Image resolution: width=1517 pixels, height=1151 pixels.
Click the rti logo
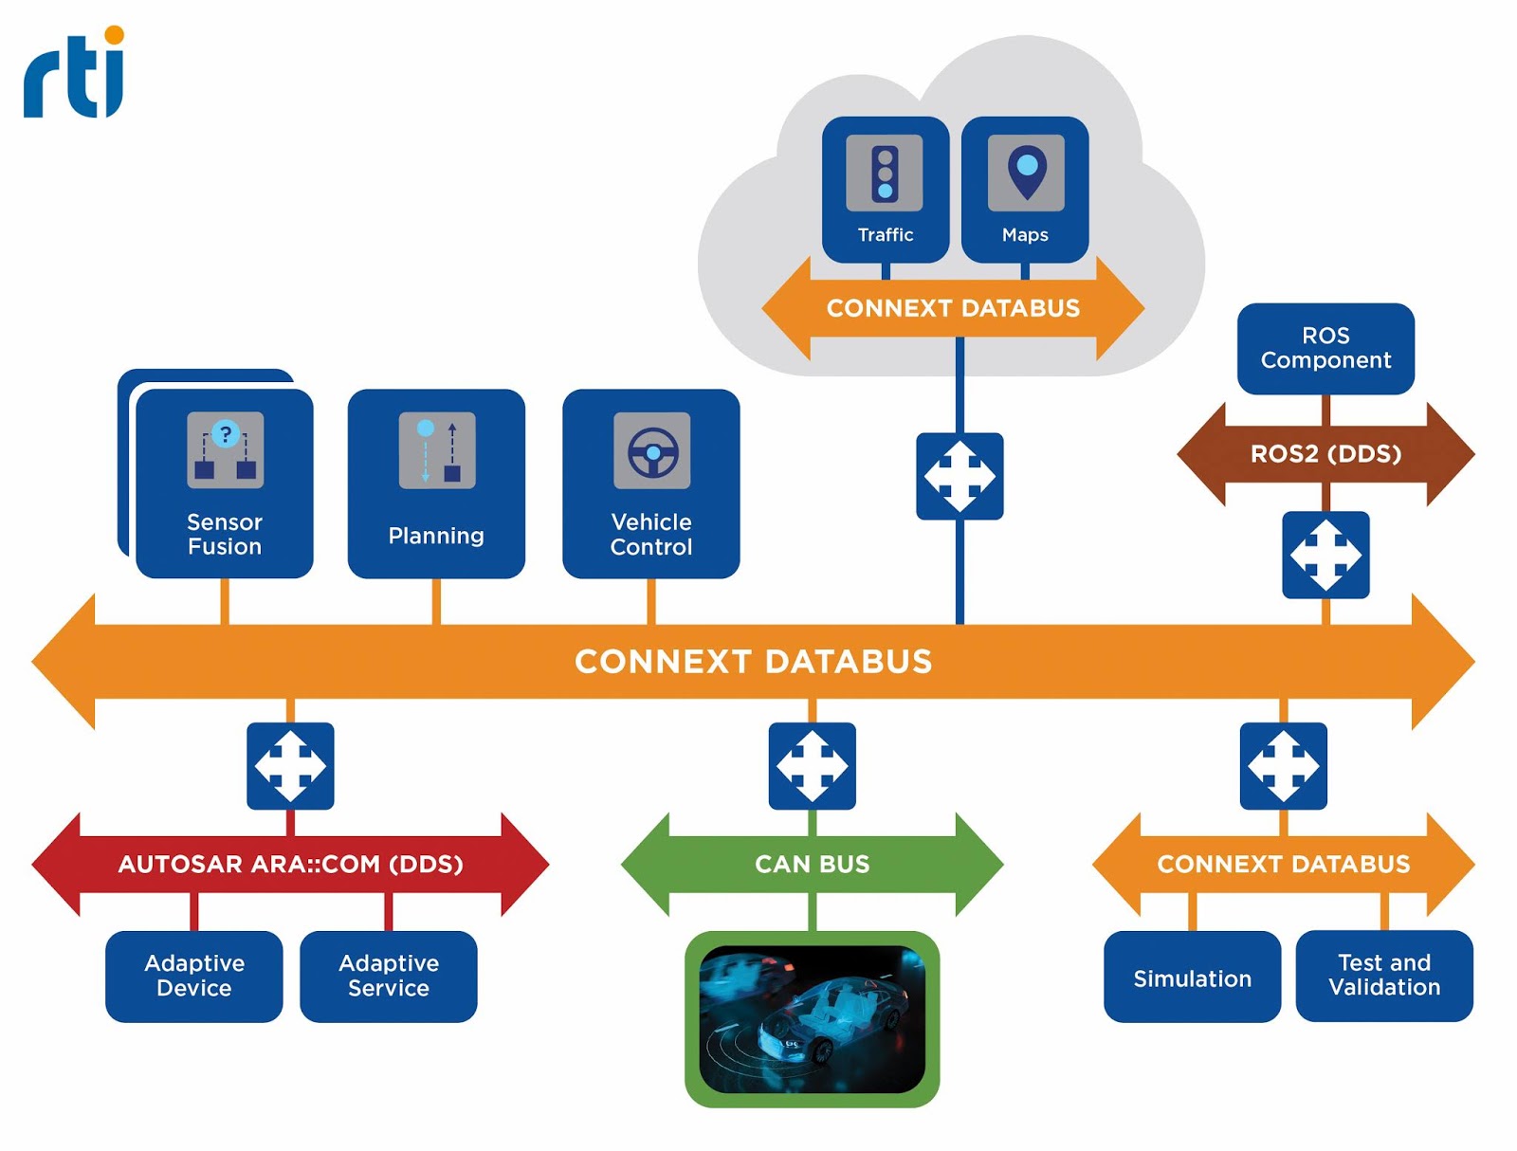74,73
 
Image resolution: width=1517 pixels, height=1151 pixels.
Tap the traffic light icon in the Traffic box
885,174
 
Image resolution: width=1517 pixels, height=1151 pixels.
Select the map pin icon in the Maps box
1026,172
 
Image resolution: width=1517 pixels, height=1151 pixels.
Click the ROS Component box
1325,348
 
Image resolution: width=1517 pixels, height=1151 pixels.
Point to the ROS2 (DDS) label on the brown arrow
1325,454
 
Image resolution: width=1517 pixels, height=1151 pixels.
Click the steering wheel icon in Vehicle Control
652,451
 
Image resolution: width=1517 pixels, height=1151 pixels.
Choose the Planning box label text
436,536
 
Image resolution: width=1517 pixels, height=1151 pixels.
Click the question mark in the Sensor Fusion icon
226,434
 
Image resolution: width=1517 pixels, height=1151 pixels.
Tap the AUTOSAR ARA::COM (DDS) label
290,864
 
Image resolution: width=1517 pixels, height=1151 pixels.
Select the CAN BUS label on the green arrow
812,864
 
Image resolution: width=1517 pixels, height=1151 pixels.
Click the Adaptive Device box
194,976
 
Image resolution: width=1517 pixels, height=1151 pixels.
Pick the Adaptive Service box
389,976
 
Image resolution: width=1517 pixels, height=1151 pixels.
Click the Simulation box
1192,977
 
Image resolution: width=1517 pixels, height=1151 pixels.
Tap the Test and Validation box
1383,976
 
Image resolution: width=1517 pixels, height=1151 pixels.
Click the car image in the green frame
812,1018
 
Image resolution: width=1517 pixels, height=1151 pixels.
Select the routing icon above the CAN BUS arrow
812,766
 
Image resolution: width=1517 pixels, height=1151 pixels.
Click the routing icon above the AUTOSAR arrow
290,766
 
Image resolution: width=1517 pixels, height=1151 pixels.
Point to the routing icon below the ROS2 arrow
1325,555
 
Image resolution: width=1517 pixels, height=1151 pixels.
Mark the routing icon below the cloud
960,476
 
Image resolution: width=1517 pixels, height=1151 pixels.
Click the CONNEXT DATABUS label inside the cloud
953,308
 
